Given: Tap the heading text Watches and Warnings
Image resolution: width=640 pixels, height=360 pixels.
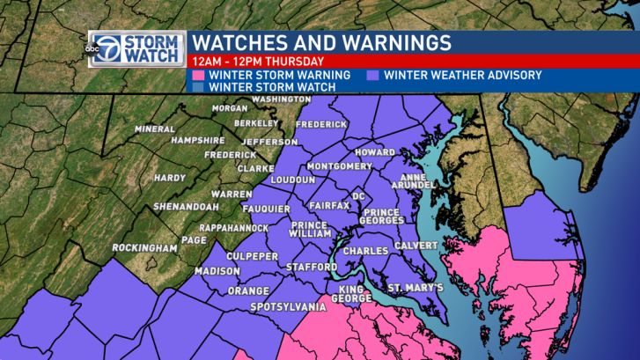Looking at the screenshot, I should [x=321, y=42].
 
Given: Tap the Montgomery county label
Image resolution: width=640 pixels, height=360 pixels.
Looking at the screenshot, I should [x=339, y=166].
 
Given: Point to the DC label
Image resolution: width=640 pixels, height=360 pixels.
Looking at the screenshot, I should [x=358, y=195].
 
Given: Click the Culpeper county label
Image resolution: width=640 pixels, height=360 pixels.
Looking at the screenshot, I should [x=253, y=256].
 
